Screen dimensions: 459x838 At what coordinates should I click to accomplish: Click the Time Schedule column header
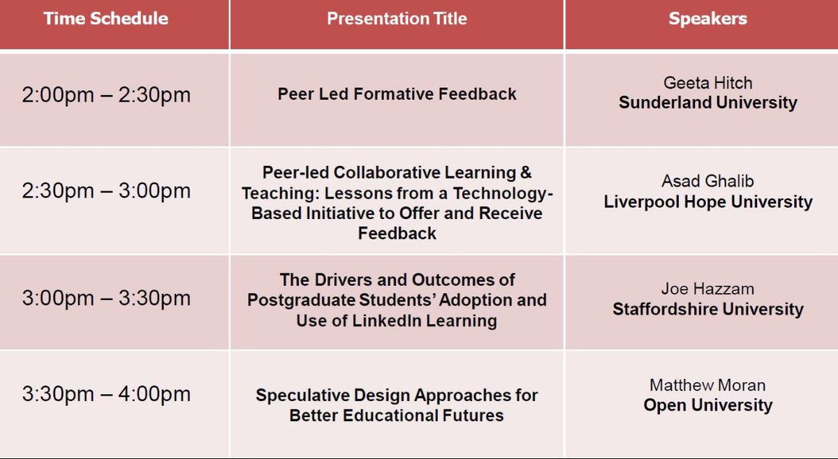106,19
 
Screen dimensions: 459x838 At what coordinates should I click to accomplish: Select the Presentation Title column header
397,19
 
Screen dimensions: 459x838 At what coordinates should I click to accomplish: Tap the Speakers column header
707,19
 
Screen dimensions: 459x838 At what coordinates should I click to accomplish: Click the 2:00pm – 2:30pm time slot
106,95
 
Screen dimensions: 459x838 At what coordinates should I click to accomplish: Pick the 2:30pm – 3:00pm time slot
106,191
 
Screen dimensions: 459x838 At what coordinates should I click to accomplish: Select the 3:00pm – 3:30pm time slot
106,298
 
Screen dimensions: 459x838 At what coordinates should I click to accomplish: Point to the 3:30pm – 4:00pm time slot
106,394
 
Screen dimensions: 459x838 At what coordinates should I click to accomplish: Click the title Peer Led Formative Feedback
397,93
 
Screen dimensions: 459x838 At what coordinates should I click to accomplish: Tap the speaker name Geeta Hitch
707,83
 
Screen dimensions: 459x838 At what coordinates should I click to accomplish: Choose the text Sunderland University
707,103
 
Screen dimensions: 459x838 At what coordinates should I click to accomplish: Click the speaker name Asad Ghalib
707,182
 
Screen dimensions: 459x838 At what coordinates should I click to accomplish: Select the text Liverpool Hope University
707,202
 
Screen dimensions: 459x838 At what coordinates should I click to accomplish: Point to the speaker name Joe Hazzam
707,289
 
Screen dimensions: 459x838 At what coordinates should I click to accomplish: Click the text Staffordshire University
707,309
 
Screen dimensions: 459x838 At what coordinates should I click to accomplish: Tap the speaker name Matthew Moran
707,385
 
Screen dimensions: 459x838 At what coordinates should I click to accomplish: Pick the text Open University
707,405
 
